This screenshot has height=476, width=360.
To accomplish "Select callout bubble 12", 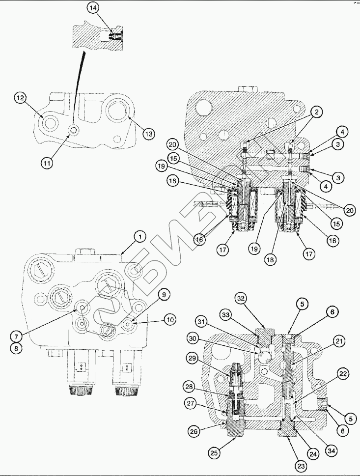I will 20,99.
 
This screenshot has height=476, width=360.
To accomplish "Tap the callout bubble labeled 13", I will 149,133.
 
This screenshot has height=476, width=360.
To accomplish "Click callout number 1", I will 139,237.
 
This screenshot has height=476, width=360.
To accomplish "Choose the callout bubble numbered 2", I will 317,112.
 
